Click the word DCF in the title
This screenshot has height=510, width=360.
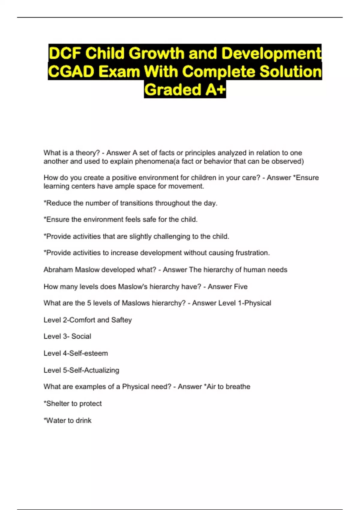tap(65, 53)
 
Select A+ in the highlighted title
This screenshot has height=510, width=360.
tap(215, 90)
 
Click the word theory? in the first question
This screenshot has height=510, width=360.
tap(88, 153)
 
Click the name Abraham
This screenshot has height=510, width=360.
tap(58, 270)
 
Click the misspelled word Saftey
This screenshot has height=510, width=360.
tap(121, 320)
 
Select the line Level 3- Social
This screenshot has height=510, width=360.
tap(67, 336)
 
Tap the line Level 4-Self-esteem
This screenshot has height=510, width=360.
tap(76, 353)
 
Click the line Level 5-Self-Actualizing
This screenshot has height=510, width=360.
tap(81, 370)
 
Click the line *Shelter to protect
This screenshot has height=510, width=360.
tap(73, 403)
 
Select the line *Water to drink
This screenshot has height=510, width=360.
tap(67, 420)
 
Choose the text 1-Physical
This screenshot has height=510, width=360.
tap(254, 303)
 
